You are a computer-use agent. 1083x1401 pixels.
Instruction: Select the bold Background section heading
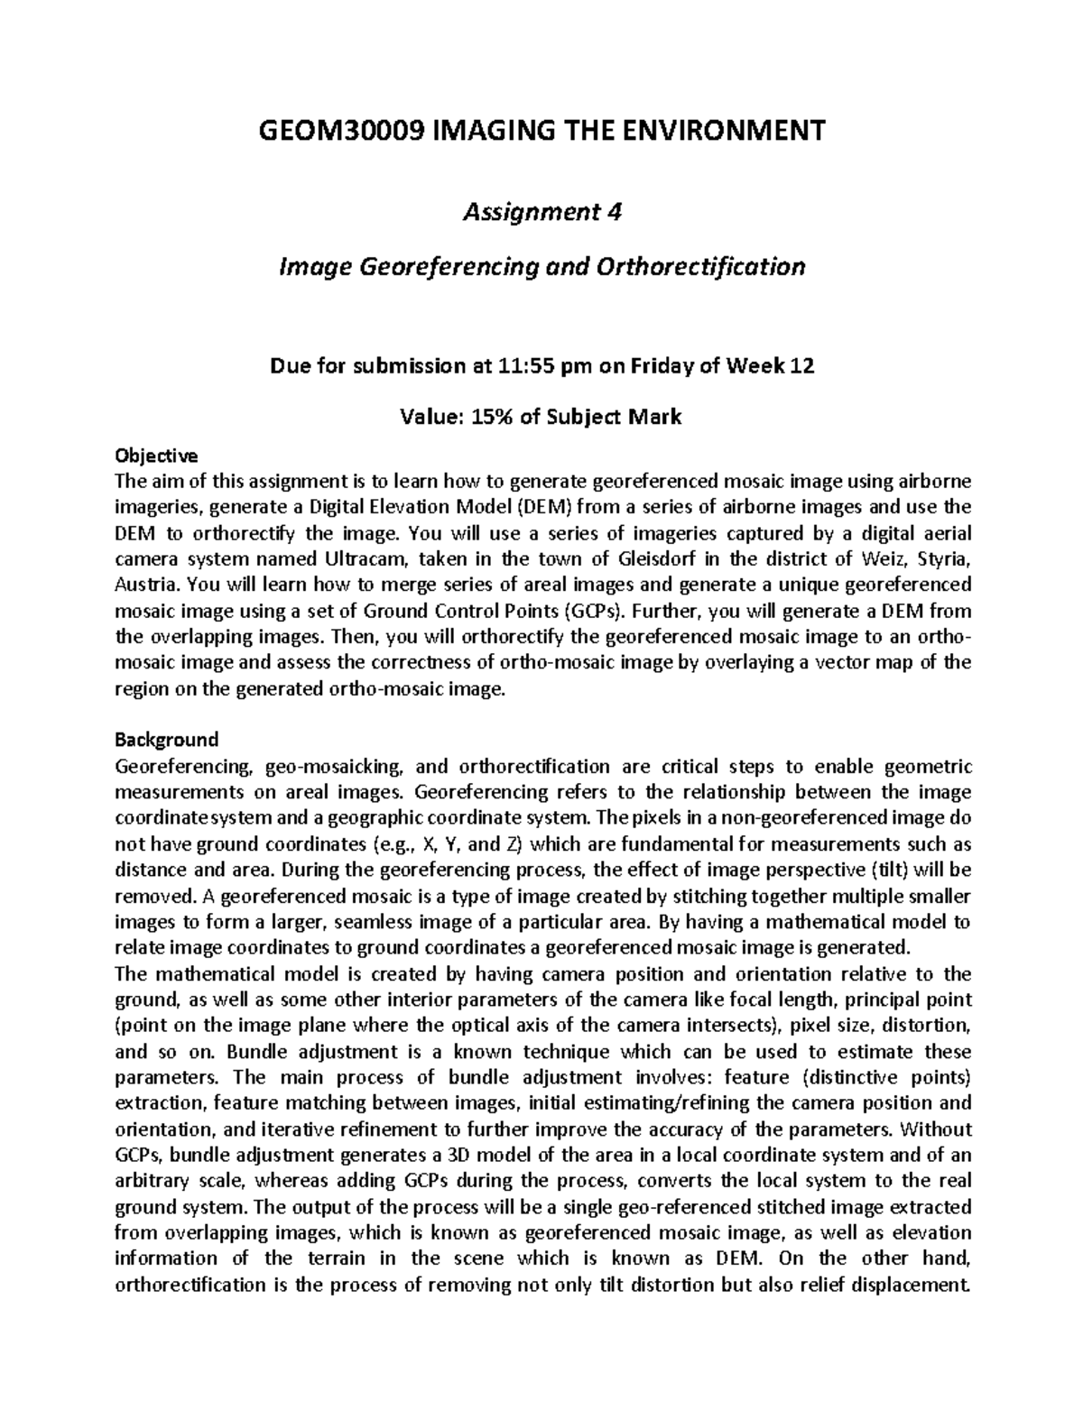coord(167,740)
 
